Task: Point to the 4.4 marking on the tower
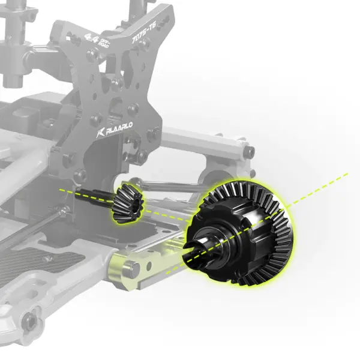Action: tap(92, 38)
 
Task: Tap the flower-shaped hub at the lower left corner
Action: tap(29, 323)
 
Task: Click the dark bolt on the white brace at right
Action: tap(246, 152)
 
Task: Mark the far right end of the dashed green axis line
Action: tap(347, 175)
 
